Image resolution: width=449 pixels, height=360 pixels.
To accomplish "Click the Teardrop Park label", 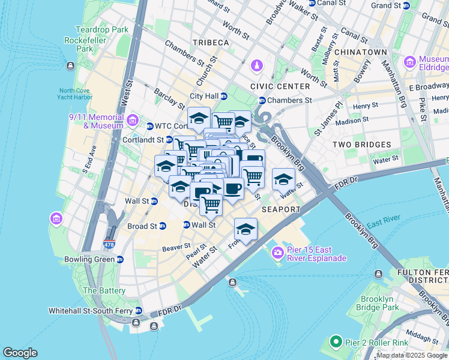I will (x=102, y=29).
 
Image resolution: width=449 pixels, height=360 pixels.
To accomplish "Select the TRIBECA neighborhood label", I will (x=211, y=43).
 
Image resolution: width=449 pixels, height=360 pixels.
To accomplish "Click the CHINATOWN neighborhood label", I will (x=360, y=52).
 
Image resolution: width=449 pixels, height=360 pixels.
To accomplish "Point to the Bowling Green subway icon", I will (x=120, y=259).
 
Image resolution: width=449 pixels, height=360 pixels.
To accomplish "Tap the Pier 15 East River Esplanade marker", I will (x=277, y=253).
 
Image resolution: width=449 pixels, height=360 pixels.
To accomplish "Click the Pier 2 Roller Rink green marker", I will (x=336, y=343).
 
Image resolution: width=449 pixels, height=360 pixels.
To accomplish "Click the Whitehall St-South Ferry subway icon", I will (x=139, y=311).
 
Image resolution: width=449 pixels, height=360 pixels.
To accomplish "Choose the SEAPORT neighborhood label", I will (x=281, y=209).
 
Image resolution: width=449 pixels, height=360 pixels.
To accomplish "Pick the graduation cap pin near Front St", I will (x=245, y=230).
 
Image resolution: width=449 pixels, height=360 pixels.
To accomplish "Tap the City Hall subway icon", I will (x=224, y=96).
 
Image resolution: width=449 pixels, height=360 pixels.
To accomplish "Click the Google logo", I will (x=20, y=352).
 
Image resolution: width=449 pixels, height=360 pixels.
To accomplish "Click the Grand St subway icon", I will (x=406, y=5).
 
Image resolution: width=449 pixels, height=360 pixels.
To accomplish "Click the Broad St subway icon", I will (x=163, y=226).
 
